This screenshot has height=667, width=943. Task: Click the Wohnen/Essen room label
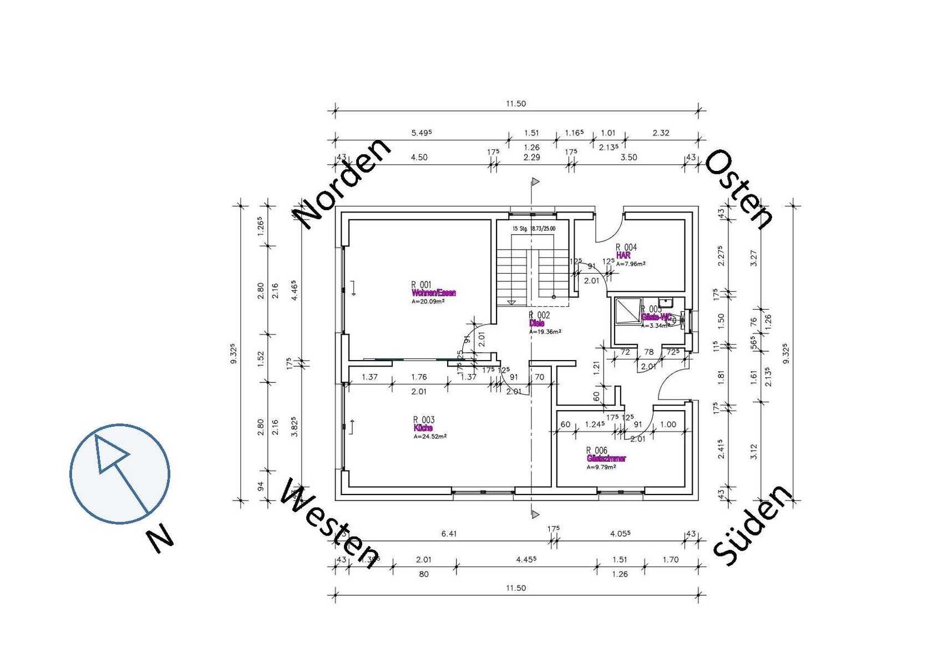pyautogui.click(x=433, y=293)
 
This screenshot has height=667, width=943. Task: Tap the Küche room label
pyautogui.click(x=423, y=428)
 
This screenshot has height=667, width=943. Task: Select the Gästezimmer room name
pyautogui.click(x=606, y=459)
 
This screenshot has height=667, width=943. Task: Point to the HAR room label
pyautogui.click(x=623, y=256)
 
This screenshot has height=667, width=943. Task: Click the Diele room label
pyautogui.click(x=536, y=323)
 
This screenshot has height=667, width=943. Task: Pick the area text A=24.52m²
pyautogui.click(x=429, y=436)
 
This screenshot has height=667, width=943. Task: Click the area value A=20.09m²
pyautogui.click(x=428, y=302)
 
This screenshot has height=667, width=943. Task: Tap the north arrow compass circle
pyautogui.click(x=120, y=473)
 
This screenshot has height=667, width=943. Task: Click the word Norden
pyautogui.click(x=342, y=184)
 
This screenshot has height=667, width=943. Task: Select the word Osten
pyautogui.click(x=739, y=189)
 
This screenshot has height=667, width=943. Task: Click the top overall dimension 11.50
pyautogui.click(x=515, y=104)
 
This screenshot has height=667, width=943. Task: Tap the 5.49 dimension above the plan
pyautogui.click(x=421, y=133)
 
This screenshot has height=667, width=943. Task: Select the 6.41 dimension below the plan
pyautogui.click(x=449, y=534)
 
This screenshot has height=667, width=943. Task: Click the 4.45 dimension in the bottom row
pyautogui.click(x=526, y=559)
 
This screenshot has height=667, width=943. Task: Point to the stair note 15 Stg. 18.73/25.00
pyautogui.click(x=533, y=229)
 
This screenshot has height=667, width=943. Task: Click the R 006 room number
pyautogui.click(x=596, y=451)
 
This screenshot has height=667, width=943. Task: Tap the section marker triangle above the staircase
pyautogui.click(x=535, y=181)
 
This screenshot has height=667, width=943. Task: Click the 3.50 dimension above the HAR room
pyautogui.click(x=628, y=158)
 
